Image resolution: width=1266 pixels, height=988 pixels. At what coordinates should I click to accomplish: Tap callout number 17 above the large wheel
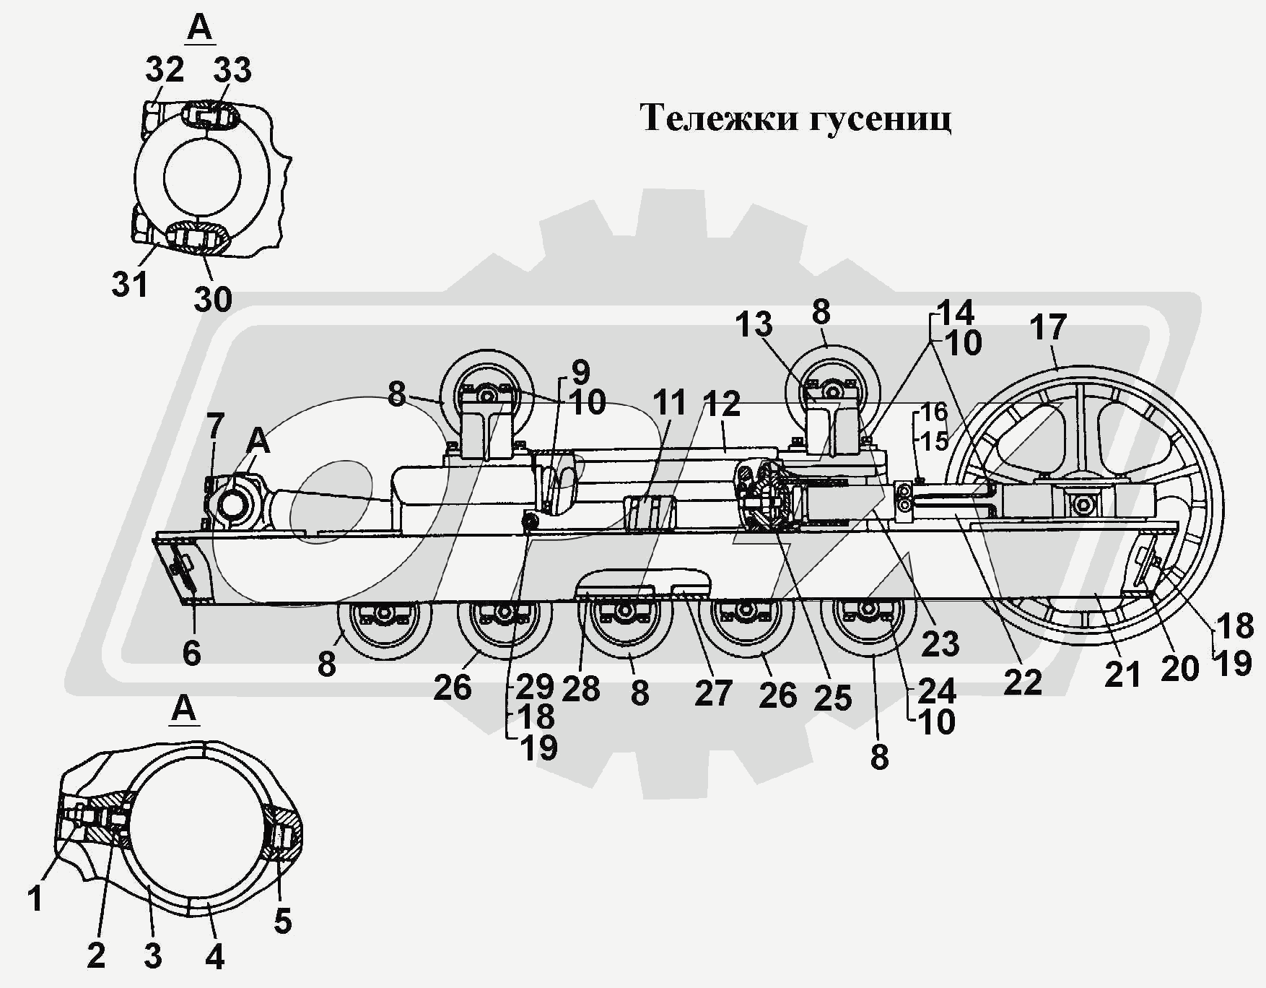pos(1048,327)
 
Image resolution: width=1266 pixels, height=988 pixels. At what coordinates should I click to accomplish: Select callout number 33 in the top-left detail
pos(232,70)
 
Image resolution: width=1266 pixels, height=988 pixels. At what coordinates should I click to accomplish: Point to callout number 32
pos(165,70)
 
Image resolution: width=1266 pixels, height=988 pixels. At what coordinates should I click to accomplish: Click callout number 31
pos(130,285)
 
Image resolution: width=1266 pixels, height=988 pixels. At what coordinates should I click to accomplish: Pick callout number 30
pos(213,298)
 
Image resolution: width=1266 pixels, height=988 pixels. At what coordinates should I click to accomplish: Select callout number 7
pos(215,426)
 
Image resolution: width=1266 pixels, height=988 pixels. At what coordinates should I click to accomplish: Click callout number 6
pos(191,653)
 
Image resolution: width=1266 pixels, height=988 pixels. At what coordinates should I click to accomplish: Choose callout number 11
pos(670,402)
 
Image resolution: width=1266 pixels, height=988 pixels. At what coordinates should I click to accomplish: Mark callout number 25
pos(833,698)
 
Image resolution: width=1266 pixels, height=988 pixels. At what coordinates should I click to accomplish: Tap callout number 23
pos(940,643)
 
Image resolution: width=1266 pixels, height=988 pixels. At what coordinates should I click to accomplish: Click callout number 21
pos(1122,675)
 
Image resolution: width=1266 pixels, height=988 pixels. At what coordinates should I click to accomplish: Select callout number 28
pos(580,689)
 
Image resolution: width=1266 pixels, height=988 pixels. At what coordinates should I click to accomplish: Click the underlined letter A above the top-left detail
pos(199,27)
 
